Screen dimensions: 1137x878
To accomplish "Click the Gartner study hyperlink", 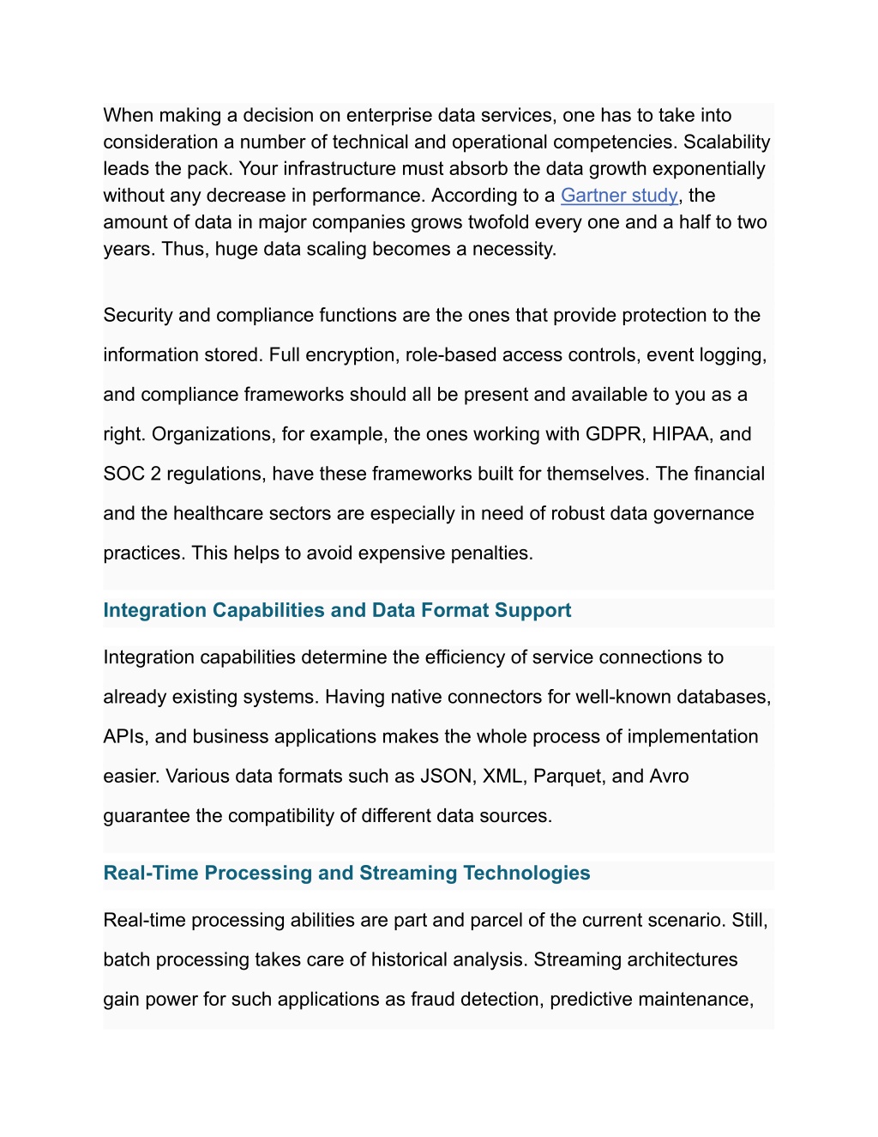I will (619, 196).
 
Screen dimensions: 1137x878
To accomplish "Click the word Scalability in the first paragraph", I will (726, 142).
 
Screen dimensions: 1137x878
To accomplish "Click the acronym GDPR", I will (614, 434).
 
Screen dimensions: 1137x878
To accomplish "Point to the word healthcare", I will (219, 513).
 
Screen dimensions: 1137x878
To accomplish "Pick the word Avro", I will (669, 777).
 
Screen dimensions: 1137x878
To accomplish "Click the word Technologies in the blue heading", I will (526, 873).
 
